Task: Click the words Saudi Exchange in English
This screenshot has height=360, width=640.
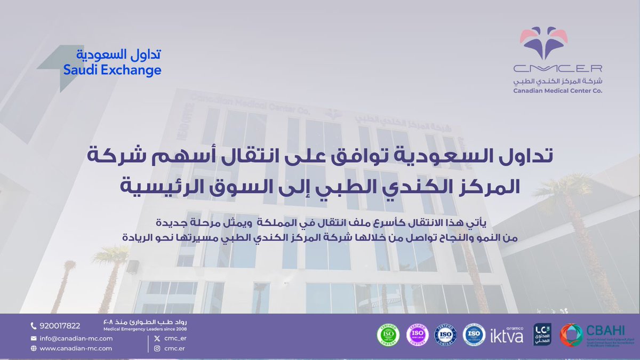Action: point(112,70)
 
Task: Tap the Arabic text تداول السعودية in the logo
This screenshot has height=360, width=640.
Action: point(118,55)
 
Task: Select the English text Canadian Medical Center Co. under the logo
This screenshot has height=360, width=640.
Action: point(558,91)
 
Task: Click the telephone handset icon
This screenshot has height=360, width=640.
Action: point(34,326)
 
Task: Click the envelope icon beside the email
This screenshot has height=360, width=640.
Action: point(34,339)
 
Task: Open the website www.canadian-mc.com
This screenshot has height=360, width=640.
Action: point(75,348)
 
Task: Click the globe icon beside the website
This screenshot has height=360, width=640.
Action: point(34,348)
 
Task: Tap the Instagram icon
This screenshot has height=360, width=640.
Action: point(157,348)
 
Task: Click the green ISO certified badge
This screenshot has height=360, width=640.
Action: point(388,334)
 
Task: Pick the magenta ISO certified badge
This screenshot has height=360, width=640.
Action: point(417,334)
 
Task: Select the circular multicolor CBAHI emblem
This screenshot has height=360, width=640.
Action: point(571,335)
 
